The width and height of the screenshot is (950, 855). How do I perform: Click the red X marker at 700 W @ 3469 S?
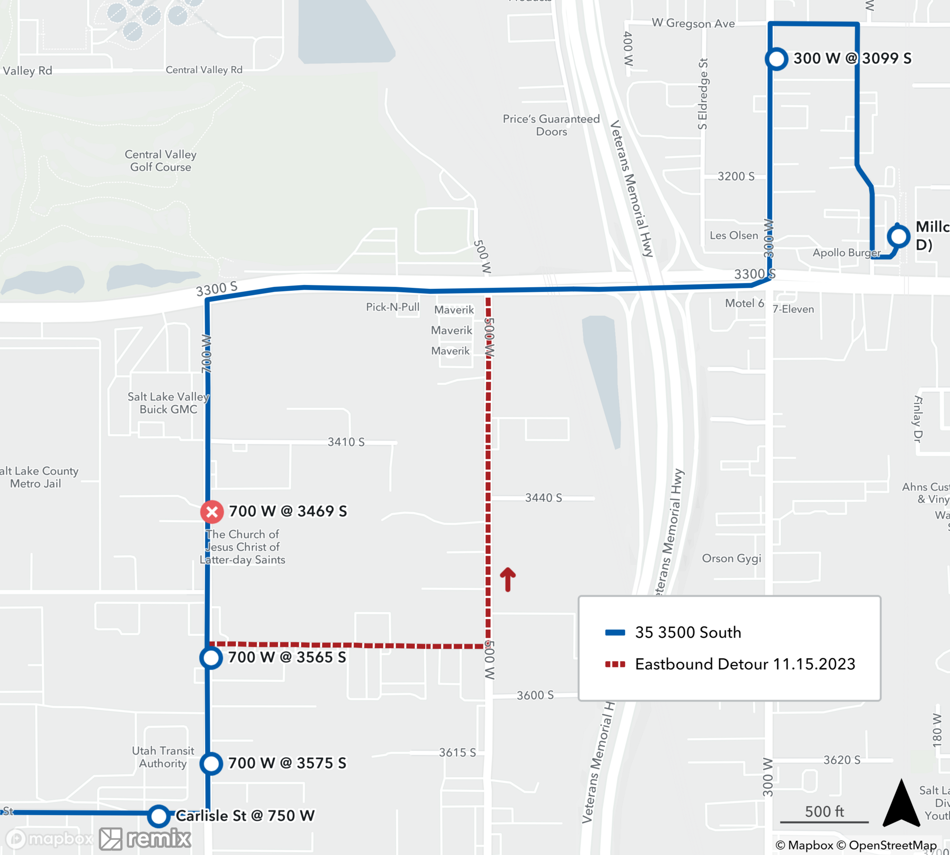click(212, 512)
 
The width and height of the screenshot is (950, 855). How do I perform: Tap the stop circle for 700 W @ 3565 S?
click(211, 658)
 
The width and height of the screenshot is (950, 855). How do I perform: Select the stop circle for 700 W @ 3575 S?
click(211, 764)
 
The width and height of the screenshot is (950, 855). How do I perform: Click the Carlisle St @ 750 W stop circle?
click(159, 816)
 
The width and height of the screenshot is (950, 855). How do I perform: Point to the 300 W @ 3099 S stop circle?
click(777, 59)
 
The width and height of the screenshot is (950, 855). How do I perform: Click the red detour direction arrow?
click(508, 579)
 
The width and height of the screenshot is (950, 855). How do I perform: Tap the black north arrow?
click(901, 803)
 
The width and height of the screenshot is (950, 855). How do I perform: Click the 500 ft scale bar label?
click(824, 812)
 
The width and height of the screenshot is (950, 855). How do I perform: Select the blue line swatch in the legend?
click(615, 632)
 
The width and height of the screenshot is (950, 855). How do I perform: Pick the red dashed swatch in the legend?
click(615, 664)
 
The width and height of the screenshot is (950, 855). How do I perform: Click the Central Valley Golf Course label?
click(161, 161)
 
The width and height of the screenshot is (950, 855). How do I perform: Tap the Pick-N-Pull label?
click(392, 307)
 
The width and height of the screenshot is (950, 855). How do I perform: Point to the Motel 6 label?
click(744, 303)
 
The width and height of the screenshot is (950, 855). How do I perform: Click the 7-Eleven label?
click(793, 309)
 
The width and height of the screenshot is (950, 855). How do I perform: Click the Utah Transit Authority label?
click(163, 757)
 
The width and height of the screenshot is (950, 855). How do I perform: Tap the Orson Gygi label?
click(731, 558)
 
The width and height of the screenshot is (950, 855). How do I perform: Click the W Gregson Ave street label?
click(693, 23)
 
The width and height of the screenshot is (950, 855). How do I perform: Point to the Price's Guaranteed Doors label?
click(551, 125)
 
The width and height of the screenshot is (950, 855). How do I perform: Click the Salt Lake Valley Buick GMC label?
click(168, 403)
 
